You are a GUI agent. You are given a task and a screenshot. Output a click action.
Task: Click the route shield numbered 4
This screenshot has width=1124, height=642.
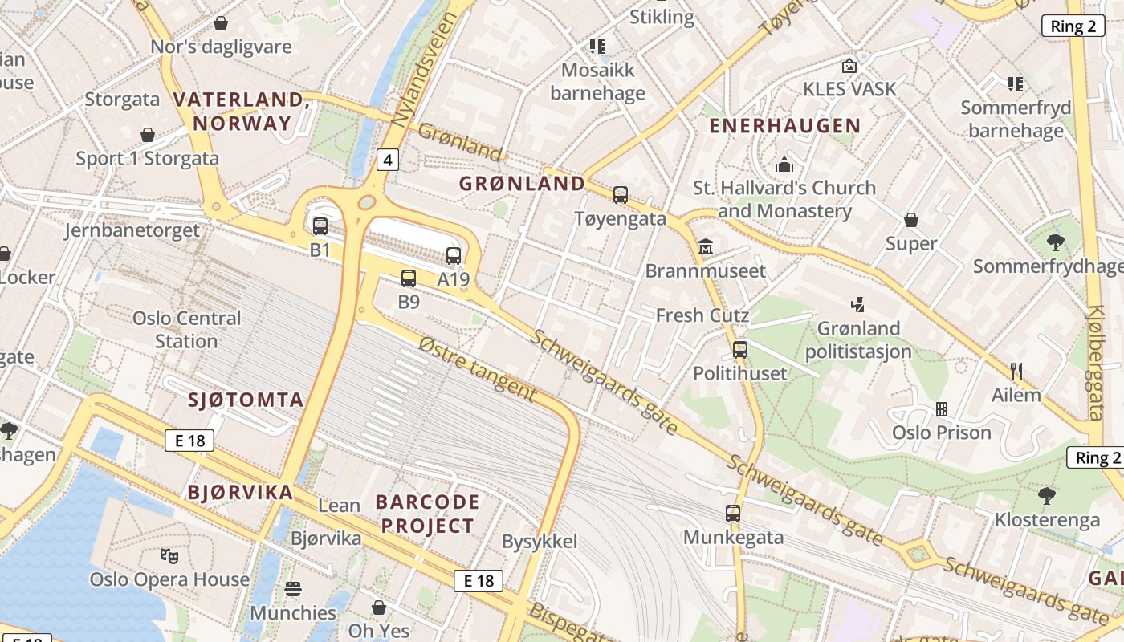coord(388,160)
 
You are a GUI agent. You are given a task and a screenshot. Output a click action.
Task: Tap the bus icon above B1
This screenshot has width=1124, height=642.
coord(320,226)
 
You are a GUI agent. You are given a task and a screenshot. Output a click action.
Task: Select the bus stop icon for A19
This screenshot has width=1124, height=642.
coord(454,256)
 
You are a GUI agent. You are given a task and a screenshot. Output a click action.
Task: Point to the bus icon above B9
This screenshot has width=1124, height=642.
coord(409,278)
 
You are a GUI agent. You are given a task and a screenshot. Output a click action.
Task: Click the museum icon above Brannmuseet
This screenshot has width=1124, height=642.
coord(706,246)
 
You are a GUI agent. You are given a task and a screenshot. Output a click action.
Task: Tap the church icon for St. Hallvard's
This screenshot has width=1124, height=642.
coord(784,165)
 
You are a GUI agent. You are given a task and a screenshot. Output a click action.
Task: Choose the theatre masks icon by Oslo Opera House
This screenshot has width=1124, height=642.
coord(169,555)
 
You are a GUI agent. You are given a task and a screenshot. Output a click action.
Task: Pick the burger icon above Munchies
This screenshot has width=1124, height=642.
coord(293,589)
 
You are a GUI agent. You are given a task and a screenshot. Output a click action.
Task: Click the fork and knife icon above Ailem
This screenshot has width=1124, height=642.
coord(1016,371)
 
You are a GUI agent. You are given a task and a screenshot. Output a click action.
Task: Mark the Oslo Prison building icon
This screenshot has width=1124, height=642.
coord(942,409)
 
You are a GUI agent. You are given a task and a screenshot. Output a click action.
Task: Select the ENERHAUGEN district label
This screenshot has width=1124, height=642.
coord(784,126)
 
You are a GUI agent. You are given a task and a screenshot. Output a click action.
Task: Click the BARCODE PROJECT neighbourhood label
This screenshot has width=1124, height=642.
coord(427,514)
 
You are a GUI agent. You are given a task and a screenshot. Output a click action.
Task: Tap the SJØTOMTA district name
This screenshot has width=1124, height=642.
coord(246,400)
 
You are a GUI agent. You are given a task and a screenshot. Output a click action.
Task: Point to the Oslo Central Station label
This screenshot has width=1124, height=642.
coord(186,330)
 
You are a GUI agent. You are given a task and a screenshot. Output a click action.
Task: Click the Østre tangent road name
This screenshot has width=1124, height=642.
coord(477,368)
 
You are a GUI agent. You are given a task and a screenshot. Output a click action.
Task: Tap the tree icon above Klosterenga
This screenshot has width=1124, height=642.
coord(1047,495)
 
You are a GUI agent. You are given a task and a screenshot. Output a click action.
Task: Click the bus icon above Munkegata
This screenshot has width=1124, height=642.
coord(733,514)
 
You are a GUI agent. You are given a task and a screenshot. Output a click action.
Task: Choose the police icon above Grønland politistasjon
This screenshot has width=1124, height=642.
coord(858,304)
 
